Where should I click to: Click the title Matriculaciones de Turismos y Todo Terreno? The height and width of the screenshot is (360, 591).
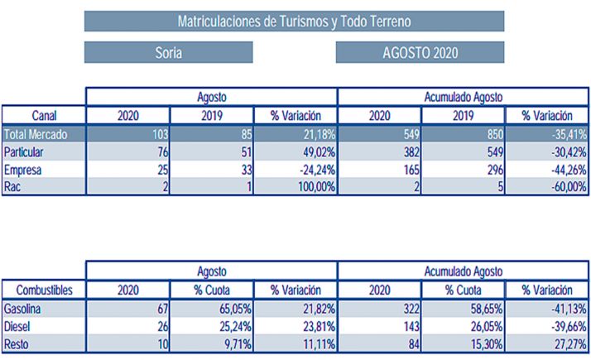294,21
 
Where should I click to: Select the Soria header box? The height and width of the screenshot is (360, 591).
169,53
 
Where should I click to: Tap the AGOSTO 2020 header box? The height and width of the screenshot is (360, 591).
420,53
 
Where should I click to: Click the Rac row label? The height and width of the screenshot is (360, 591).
12,187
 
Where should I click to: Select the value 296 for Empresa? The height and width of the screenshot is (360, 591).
487,170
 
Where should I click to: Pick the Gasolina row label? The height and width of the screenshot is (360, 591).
24,309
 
